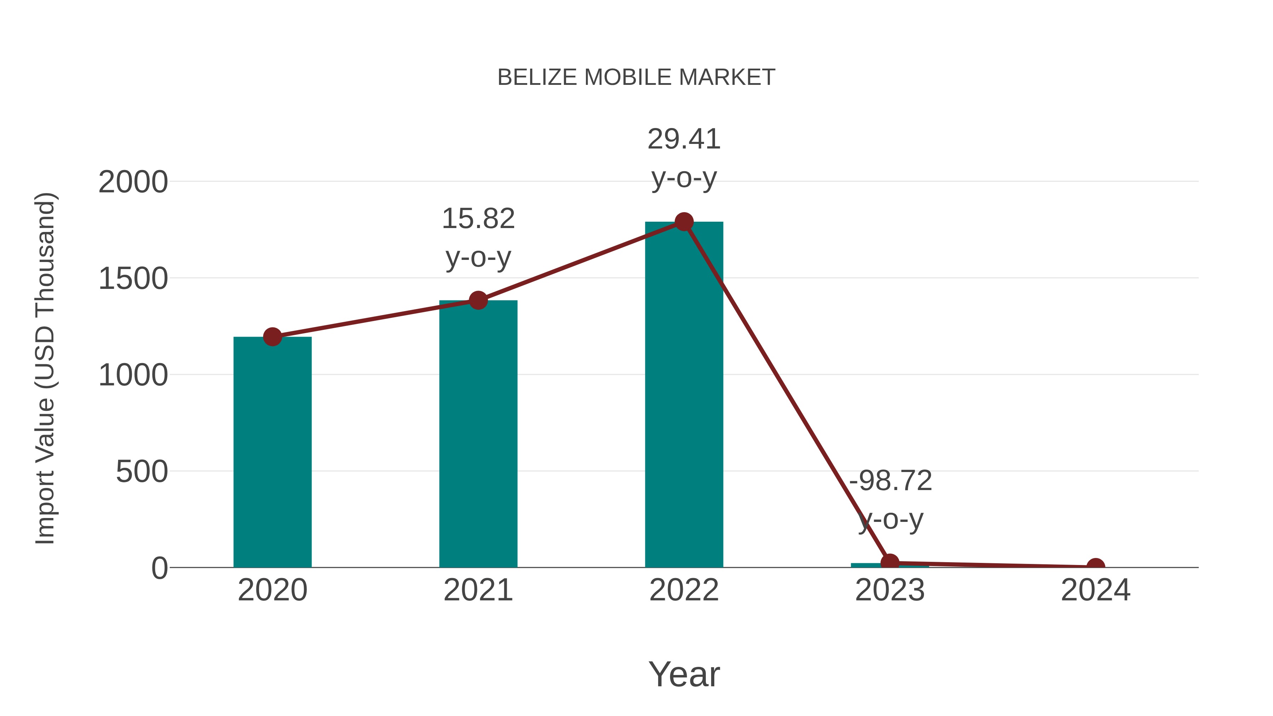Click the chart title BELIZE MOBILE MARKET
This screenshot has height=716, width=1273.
pos(636,77)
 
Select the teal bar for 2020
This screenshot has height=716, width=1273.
pos(272,452)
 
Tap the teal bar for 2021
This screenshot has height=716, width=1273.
pos(478,434)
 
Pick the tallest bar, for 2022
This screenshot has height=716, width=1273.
pos(684,395)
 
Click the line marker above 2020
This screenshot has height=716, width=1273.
pos(272,337)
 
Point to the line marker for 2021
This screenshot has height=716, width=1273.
pos(478,300)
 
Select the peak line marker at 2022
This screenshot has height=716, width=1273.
pos(684,222)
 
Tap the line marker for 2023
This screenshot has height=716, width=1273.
pos(890,562)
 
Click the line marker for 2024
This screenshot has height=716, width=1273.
pos(1095,566)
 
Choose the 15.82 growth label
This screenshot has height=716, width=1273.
pos(478,219)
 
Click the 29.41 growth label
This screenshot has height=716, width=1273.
pos(684,139)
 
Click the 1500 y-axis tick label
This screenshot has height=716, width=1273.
pos(133,279)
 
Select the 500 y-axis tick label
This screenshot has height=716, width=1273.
pos(141,472)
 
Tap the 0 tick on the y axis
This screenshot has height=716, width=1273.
pos(159,568)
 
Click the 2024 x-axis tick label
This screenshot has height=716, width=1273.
pos(1095,590)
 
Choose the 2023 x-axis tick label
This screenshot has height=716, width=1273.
pos(890,590)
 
